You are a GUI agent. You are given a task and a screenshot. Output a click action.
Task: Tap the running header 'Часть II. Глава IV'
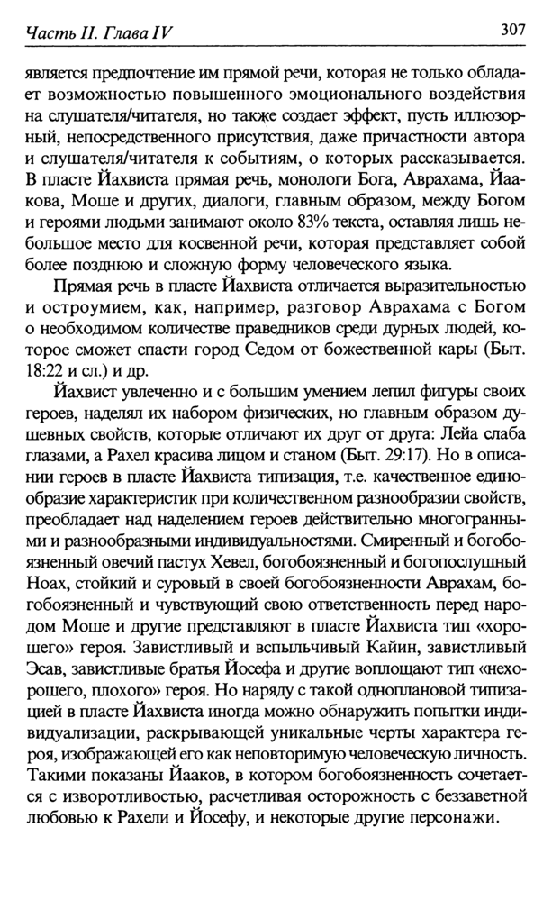[x=99, y=32]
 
